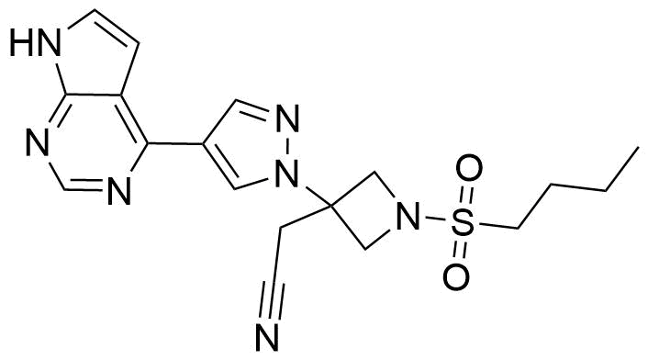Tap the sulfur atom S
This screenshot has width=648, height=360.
click(x=467, y=223)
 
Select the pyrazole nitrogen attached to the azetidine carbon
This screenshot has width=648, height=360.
click(x=288, y=170)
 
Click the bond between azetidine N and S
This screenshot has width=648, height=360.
click(x=437, y=220)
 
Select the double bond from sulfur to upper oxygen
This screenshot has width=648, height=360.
click(x=467, y=197)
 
